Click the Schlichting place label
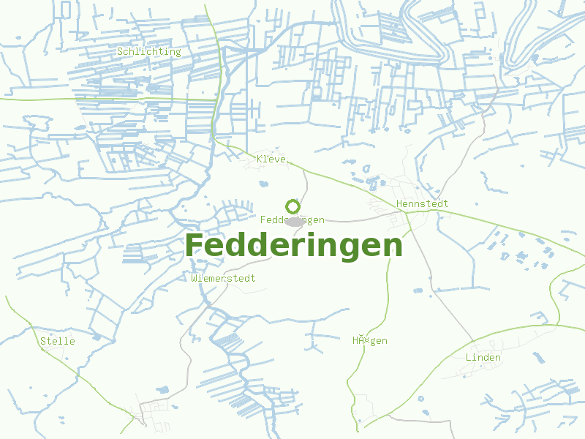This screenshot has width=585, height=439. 148,51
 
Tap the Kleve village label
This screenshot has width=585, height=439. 271,159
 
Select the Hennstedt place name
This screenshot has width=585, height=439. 422,203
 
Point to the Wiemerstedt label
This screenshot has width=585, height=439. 223,278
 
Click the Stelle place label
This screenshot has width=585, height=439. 57,341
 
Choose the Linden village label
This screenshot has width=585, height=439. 483,357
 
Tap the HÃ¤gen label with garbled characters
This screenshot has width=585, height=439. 369,340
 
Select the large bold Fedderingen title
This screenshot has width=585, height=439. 294,246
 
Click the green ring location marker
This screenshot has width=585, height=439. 292,207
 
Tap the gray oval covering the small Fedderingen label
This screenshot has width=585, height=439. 295,221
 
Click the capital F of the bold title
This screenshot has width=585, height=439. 195,246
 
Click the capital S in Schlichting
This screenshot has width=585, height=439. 120,51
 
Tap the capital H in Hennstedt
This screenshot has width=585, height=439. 399,203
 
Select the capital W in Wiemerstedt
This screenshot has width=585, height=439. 194,278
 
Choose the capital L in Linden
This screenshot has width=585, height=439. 469,357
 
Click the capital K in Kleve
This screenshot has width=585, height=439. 260,159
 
